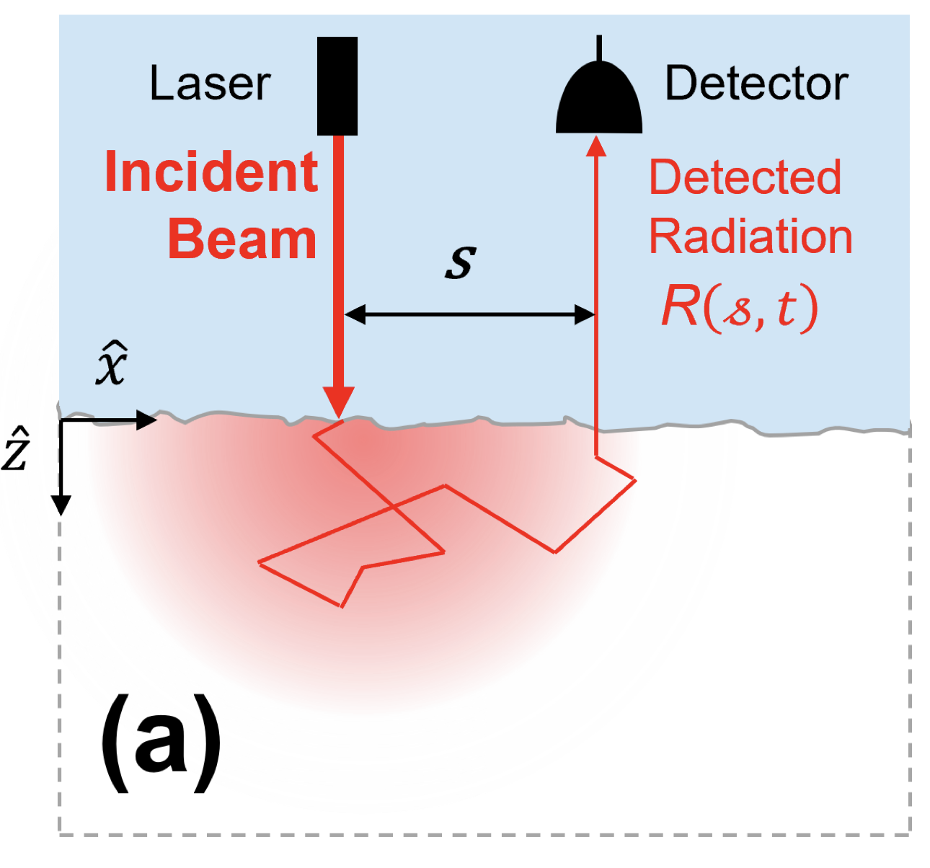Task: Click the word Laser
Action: [210, 84]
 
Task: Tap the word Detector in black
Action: [756, 84]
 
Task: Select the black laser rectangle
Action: [337, 86]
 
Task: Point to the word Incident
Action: [211, 173]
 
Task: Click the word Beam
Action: [242, 239]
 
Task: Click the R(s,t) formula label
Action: [740, 308]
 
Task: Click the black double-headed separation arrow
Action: [469, 314]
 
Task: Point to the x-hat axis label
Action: [112, 366]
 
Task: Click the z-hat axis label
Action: [16, 448]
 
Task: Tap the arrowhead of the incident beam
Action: [338, 402]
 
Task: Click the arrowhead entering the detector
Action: [596, 146]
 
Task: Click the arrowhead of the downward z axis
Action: [62, 505]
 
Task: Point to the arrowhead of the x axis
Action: [148, 420]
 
